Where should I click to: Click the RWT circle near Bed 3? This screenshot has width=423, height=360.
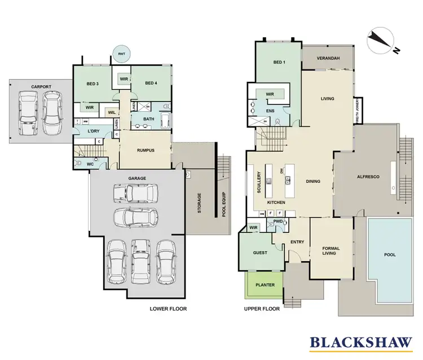(121, 55)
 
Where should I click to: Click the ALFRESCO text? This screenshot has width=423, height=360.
(367, 177)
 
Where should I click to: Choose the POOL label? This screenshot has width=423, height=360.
(390, 254)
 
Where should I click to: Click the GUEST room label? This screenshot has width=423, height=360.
(260, 253)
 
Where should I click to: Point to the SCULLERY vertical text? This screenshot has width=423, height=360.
(259, 183)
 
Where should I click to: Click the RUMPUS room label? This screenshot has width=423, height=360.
(146, 150)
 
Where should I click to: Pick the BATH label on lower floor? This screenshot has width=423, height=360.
(148, 119)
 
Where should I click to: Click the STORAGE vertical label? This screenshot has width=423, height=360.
(200, 204)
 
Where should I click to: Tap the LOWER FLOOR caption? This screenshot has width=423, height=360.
(168, 309)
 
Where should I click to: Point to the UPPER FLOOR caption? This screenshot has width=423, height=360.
(262, 309)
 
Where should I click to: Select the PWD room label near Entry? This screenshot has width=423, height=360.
(278, 222)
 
